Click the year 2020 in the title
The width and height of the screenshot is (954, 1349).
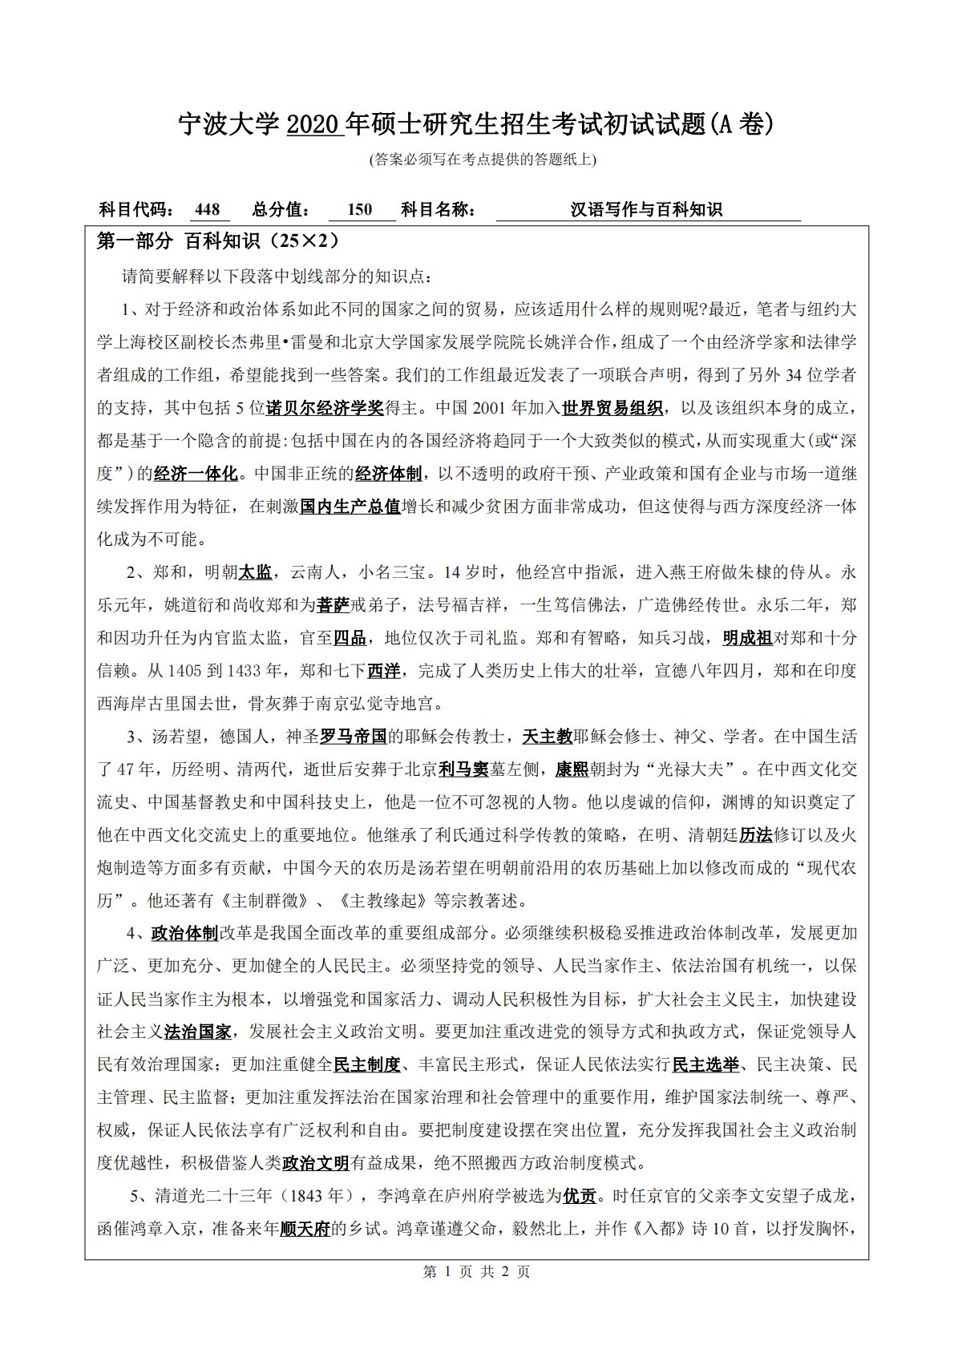[314, 124]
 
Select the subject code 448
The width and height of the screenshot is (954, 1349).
[207, 210]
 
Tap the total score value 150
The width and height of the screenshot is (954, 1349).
[360, 210]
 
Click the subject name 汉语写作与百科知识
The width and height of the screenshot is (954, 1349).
[646, 210]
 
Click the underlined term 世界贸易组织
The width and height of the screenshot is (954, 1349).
[612, 408]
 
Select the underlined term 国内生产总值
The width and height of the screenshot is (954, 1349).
[350, 507]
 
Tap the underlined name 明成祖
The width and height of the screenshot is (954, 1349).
[747, 638]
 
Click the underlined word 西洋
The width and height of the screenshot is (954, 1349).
[384, 671]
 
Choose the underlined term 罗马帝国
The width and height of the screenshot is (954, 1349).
[354, 737]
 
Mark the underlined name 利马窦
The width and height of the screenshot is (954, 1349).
[463, 769]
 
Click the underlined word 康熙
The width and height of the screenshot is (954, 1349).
[572, 769]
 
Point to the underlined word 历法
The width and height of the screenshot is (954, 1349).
[755, 835]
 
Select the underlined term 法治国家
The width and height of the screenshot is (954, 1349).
[198, 1032]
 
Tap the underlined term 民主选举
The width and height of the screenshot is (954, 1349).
[705, 1064]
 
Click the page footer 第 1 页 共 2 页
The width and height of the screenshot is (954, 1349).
[476, 1272]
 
